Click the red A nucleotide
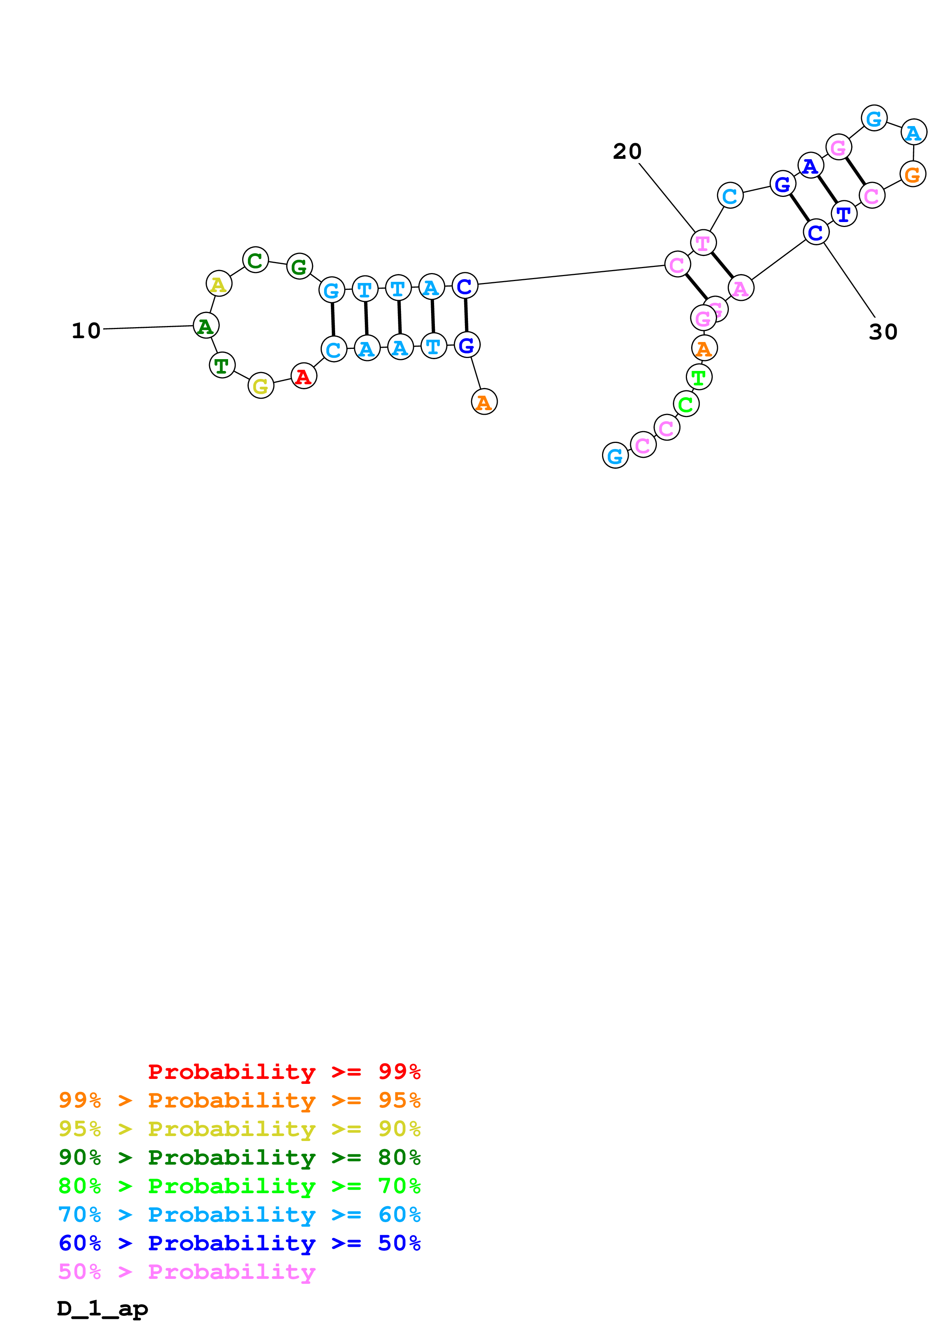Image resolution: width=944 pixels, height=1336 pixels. click(x=303, y=377)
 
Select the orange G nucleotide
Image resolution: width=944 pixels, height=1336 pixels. click(x=912, y=174)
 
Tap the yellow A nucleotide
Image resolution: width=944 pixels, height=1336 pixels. click(x=219, y=284)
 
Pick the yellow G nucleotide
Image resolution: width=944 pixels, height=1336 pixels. click(x=260, y=385)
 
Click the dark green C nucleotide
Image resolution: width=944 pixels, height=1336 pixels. click(x=256, y=260)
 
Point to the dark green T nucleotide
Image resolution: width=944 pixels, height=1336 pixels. click(x=222, y=366)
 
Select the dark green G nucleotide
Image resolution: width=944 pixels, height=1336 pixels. click(x=299, y=267)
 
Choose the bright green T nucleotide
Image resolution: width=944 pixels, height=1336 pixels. click(x=698, y=377)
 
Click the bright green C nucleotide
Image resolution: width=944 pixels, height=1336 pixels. click(x=686, y=404)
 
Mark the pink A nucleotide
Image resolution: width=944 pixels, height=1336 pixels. click(x=740, y=288)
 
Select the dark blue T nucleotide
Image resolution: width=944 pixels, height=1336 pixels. click(x=843, y=214)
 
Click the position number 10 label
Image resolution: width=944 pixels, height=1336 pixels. click(x=86, y=331)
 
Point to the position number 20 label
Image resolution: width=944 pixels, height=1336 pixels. click(x=627, y=151)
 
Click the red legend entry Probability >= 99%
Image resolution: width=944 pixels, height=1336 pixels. click(x=284, y=1071)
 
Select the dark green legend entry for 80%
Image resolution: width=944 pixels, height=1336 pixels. click(x=239, y=1157)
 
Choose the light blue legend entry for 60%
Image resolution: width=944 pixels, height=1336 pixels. click(x=239, y=1215)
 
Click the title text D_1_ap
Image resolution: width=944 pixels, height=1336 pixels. click(x=102, y=1308)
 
